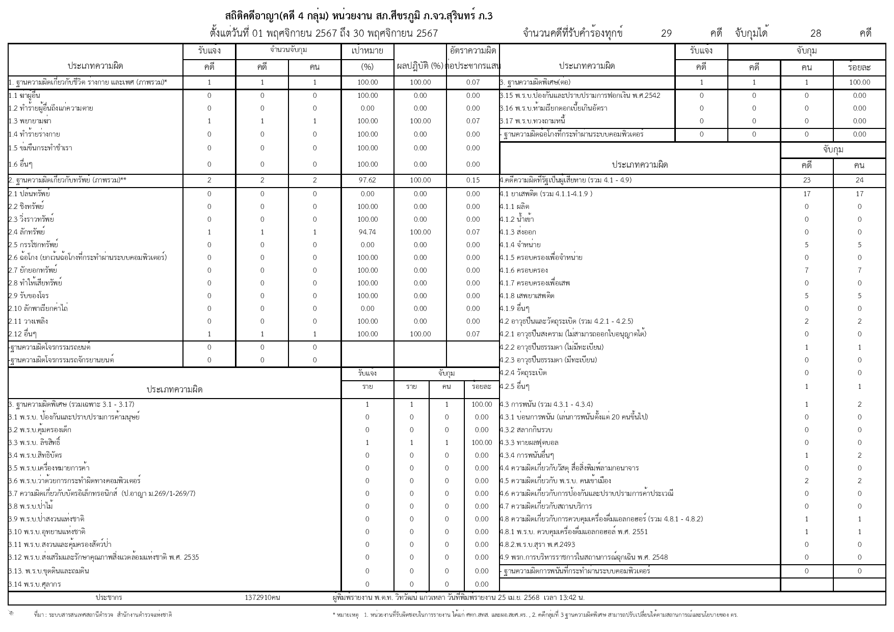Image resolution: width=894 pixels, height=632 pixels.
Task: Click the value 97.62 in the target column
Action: pos(367,180)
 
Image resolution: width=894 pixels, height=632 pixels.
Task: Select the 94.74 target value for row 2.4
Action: pos(367,232)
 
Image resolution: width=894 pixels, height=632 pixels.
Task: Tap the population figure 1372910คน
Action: pos(262,597)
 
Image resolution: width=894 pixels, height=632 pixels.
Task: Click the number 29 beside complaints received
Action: pos(666,34)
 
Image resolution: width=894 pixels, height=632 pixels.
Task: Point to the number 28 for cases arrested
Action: pos(816,34)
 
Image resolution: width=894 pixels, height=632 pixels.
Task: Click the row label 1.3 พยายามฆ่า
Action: pos(30,121)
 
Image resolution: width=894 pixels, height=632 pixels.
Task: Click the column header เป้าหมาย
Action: pos(367,51)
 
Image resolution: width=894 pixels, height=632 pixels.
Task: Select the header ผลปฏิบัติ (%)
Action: pos(420,66)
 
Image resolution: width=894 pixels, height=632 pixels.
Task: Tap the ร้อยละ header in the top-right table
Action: pos(859,67)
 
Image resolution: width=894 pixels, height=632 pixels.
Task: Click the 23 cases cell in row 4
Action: pos(806,180)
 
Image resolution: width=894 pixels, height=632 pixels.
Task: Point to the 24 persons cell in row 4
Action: pos(859,180)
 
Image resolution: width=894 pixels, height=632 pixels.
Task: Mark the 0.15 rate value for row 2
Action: pos(472,180)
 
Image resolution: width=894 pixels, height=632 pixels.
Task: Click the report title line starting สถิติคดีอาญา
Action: pos(359,16)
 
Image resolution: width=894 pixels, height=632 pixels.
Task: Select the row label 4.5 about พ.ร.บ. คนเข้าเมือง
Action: pos(555,481)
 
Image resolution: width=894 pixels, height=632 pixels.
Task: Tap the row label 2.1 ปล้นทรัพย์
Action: pos(29,194)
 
